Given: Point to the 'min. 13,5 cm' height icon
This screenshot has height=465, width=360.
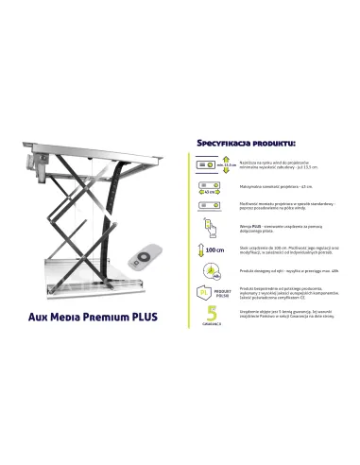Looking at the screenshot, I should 214,164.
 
